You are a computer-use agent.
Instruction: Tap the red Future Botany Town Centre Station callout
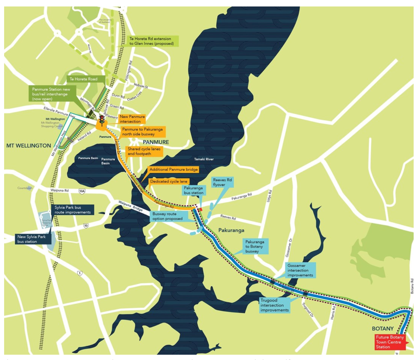point(390,342)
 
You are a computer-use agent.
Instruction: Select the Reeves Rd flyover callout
point(222,182)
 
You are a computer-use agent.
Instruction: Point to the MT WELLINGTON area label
point(29,146)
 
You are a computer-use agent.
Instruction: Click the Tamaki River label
point(204,159)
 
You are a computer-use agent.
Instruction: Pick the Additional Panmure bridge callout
point(173,170)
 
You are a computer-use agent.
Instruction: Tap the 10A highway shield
point(82,191)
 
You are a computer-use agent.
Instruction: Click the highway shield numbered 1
point(79,273)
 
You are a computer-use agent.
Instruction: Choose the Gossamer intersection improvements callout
point(300,270)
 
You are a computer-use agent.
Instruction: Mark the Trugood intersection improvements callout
point(274,305)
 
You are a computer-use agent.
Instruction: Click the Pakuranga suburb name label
point(231,230)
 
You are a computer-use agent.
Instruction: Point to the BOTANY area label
point(382,329)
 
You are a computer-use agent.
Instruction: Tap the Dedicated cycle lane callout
point(168,182)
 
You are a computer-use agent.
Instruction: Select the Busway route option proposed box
point(167,216)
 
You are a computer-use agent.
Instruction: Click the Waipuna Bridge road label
point(130,206)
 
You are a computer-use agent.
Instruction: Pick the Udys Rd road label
point(269,196)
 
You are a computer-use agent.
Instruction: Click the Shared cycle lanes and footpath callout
point(144,151)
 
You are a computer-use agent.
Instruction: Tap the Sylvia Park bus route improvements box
point(72,210)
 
